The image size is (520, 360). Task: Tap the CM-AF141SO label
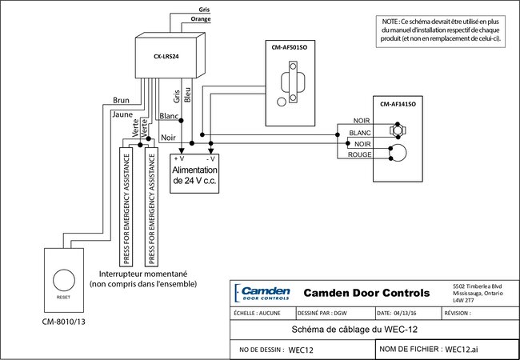click(x=402, y=104)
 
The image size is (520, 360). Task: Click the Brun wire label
click(x=122, y=102)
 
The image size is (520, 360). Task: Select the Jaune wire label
click(x=123, y=114)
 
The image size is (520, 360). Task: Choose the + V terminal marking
click(x=180, y=159)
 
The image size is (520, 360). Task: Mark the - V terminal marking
click(x=211, y=159)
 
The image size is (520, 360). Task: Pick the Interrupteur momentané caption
click(x=143, y=274)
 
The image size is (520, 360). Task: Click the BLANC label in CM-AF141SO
click(x=361, y=132)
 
